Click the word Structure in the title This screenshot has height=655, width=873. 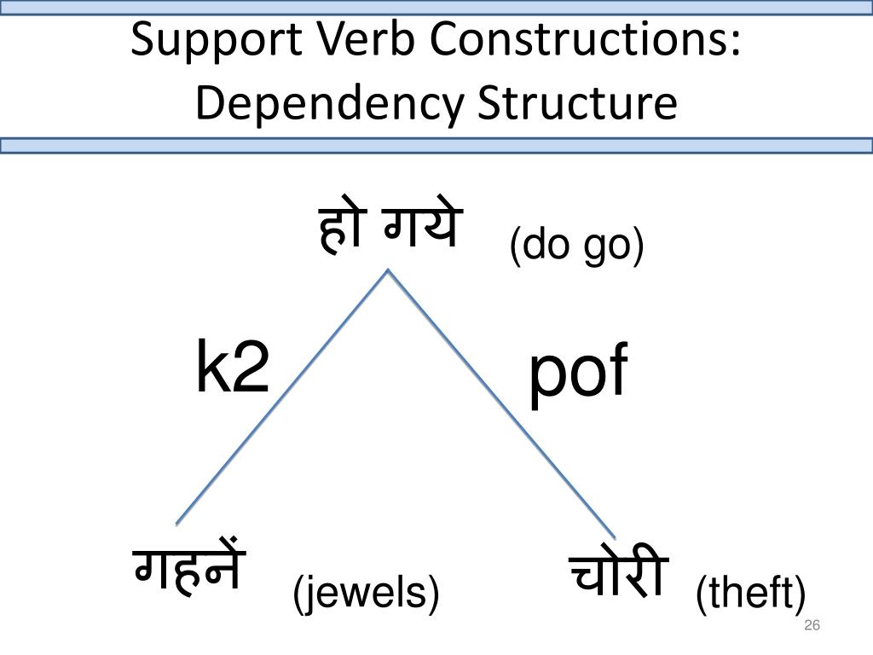576,104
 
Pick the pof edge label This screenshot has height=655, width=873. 577,375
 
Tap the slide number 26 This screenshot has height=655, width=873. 812,627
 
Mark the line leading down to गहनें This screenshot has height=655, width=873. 281,397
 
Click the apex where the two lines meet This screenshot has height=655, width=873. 389,270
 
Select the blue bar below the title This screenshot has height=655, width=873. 436,146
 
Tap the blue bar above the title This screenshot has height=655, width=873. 436,7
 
